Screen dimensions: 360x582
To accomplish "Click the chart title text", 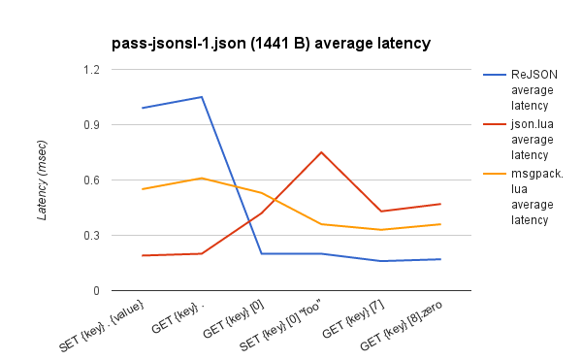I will (272, 43).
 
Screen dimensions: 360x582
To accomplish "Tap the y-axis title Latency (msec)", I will (42, 179).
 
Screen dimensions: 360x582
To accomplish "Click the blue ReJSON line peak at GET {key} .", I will (202, 97).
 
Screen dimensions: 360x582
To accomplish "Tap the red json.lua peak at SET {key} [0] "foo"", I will (321, 152).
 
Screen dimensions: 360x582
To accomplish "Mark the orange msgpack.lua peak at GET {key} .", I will (202, 179).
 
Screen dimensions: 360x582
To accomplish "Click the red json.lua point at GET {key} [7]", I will (381, 212).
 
